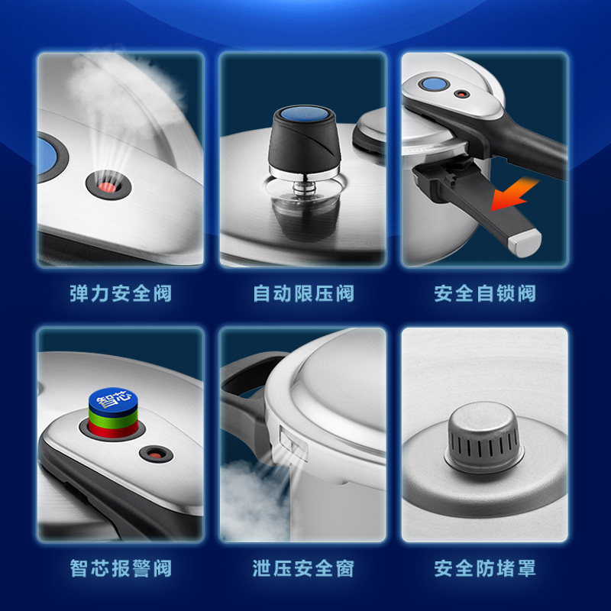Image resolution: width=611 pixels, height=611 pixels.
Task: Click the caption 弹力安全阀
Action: point(121,293)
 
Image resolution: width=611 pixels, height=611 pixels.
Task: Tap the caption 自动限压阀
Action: point(303,293)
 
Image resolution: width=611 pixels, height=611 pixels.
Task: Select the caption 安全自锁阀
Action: point(485,293)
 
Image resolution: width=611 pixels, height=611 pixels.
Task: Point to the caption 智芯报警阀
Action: point(121,568)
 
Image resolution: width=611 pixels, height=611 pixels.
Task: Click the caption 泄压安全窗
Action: point(303,568)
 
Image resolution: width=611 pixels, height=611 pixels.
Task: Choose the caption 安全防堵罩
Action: point(485,568)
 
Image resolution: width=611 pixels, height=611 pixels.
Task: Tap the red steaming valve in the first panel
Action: point(108,186)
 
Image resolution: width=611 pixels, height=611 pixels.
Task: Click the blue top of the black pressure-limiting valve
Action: point(304,114)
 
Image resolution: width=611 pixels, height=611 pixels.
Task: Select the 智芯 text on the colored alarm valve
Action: point(113,399)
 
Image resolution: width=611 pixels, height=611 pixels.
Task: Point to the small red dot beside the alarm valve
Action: point(156,454)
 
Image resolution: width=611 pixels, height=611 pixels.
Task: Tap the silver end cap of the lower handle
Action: point(525,242)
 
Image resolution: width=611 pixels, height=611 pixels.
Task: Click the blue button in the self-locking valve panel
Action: point(434,84)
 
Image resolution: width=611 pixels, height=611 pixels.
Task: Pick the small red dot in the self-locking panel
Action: point(462,94)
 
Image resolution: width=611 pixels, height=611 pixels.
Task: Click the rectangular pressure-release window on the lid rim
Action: point(293,441)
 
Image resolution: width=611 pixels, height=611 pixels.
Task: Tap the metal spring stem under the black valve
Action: point(303,187)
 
